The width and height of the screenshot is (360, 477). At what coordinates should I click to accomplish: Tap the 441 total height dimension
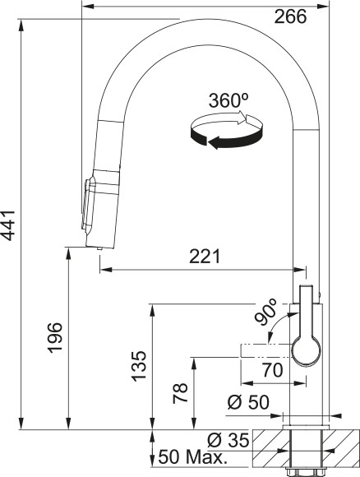click(10, 223)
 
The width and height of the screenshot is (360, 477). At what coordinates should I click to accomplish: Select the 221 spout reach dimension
click(205, 257)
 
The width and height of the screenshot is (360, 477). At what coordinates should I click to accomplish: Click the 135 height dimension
click(140, 364)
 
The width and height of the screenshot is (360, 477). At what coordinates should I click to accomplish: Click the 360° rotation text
click(229, 102)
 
